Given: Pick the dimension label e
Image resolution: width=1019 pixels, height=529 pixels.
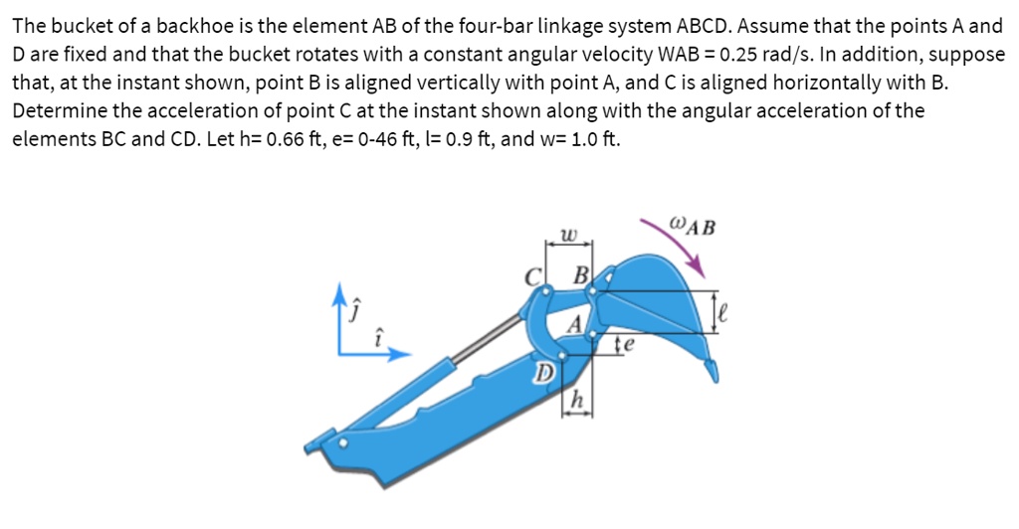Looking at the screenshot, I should [628, 345].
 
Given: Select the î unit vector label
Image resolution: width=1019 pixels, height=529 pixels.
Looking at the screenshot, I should [375, 336].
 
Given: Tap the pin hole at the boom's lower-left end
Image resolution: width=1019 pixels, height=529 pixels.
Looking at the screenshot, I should [344, 443].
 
